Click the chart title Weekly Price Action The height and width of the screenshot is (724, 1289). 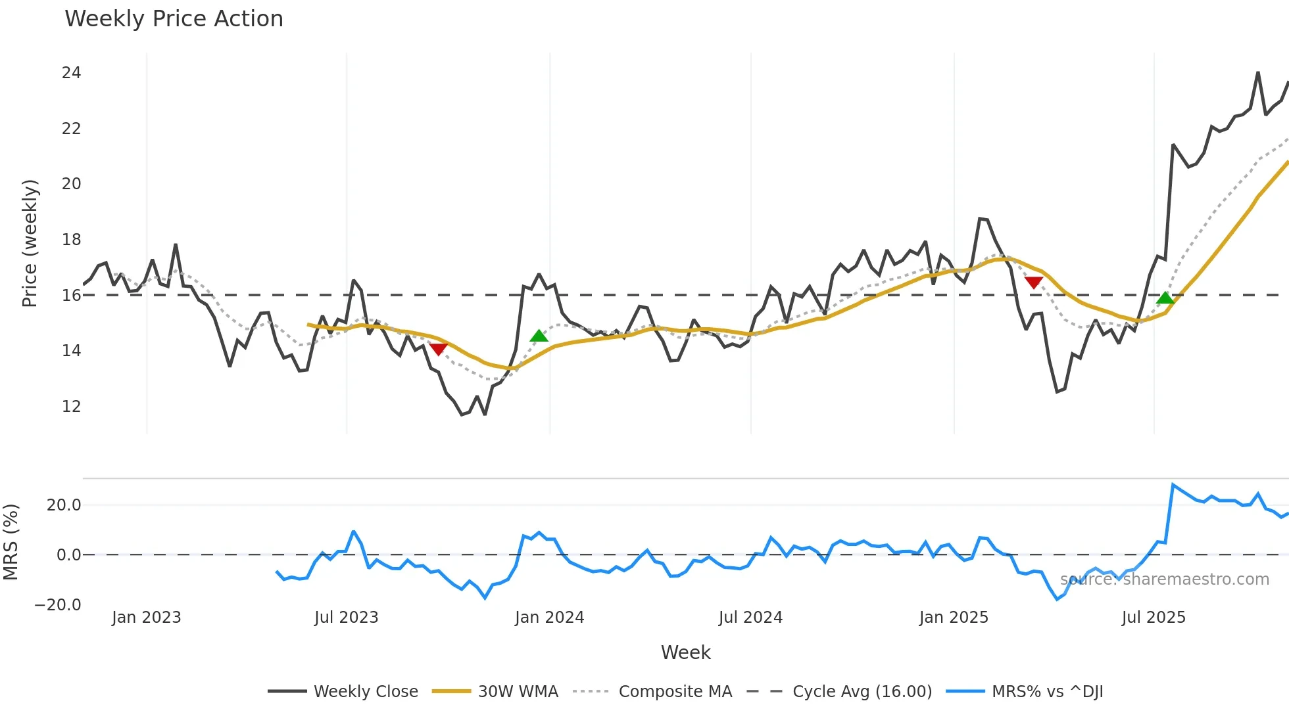(x=174, y=19)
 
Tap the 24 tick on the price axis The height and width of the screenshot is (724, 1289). (x=71, y=73)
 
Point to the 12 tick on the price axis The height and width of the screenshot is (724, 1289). (x=71, y=407)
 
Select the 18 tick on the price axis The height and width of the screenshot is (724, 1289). (x=71, y=240)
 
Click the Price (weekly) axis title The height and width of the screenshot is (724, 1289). (x=30, y=243)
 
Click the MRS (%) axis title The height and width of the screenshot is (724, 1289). (x=11, y=542)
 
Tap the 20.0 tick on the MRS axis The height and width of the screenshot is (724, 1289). (x=64, y=505)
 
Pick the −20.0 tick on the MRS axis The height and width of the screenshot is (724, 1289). (x=58, y=605)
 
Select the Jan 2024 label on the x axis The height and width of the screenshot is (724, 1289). (x=549, y=618)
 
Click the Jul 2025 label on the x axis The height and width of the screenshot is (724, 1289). (x=1154, y=618)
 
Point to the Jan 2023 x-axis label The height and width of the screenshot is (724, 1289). (x=146, y=618)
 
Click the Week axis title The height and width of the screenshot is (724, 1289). (x=685, y=652)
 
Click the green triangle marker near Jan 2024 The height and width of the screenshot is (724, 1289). (x=539, y=336)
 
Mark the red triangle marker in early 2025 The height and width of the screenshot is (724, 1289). (x=1034, y=283)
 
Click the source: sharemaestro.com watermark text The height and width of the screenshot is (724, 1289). (x=1164, y=579)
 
